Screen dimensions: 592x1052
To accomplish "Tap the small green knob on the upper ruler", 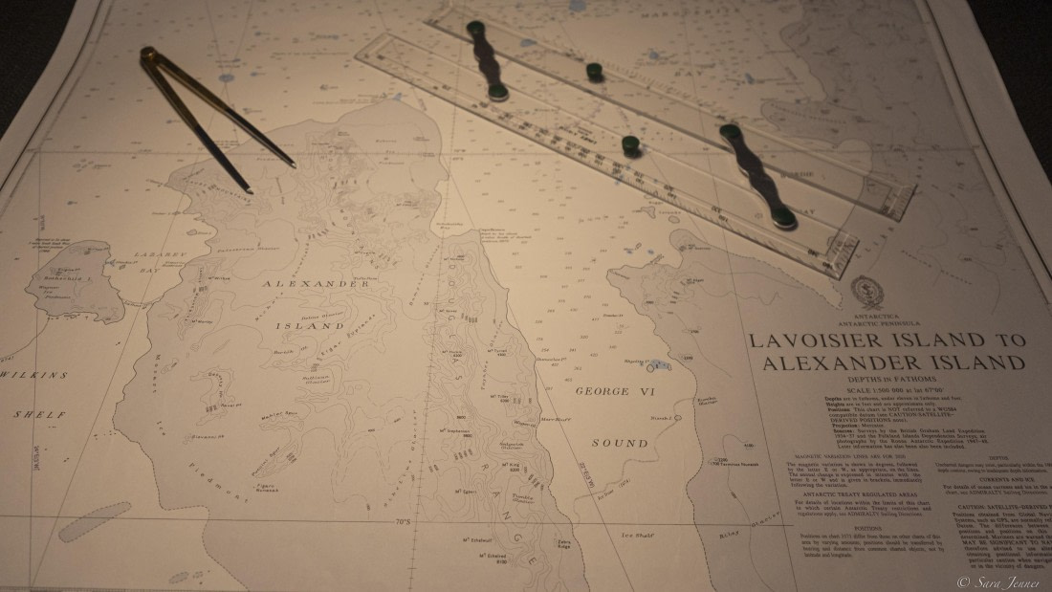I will (x=595, y=72).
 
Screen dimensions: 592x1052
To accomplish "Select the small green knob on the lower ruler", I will (x=631, y=146).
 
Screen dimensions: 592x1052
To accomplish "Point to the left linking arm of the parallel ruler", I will (x=488, y=59).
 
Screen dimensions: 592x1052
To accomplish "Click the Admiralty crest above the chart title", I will (x=867, y=291).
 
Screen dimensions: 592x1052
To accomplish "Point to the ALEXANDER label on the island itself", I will (x=316, y=284).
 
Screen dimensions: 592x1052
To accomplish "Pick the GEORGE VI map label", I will (x=616, y=392).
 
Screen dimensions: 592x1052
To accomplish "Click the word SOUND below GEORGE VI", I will (x=619, y=444).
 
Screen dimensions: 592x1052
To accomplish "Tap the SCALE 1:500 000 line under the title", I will (x=887, y=392).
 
